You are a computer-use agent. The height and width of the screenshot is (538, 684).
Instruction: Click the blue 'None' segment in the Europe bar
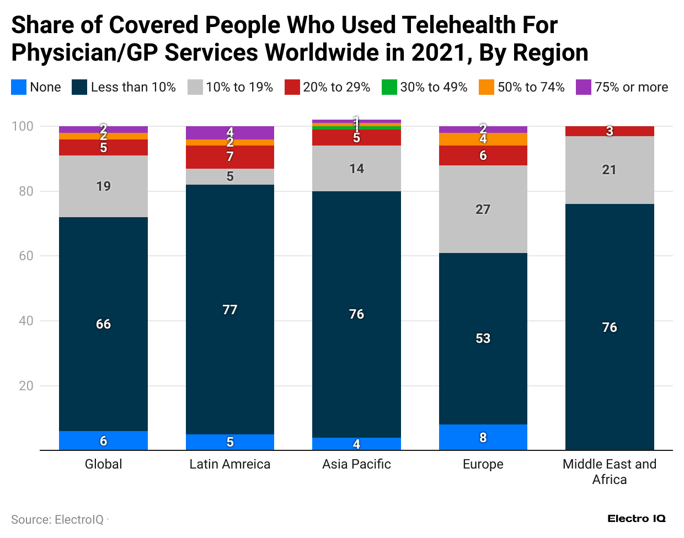click(483, 437)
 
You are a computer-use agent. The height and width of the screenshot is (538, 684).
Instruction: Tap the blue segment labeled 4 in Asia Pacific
click(356, 444)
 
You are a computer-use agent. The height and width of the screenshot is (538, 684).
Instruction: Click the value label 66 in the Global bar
click(103, 324)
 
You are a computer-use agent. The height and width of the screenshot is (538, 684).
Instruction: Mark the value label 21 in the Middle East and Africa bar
click(609, 170)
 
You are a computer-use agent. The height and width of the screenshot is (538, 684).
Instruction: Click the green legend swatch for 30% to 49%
click(389, 87)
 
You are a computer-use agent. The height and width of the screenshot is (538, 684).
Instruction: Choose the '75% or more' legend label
click(631, 87)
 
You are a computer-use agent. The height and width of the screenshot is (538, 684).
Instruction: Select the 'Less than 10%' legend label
click(133, 87)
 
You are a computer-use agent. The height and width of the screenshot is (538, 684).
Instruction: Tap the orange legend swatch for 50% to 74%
click(486, 87)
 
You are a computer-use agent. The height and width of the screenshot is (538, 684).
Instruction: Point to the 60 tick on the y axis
click(26, 256)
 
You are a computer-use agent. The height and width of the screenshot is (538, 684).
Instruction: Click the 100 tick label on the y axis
click(23, 126)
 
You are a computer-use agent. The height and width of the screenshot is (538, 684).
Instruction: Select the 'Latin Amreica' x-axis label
click(230, 464)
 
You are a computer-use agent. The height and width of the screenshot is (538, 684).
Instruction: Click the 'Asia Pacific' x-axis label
click(356, 464)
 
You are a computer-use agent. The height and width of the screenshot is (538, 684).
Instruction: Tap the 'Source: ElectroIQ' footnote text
click(57, 519)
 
